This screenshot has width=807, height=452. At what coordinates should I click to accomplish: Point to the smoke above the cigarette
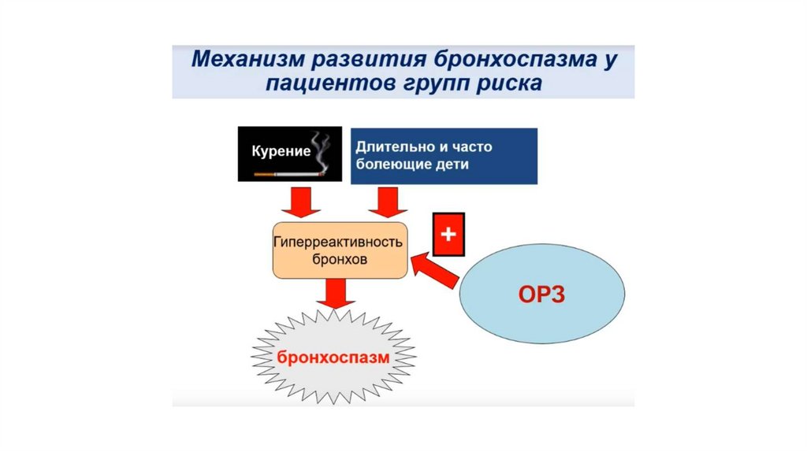point(318,146)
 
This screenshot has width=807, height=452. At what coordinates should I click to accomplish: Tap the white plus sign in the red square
point(448,234)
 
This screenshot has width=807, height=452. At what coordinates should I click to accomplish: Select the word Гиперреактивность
point(339,242)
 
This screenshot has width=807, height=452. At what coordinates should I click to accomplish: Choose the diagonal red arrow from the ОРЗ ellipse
point(435,269)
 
